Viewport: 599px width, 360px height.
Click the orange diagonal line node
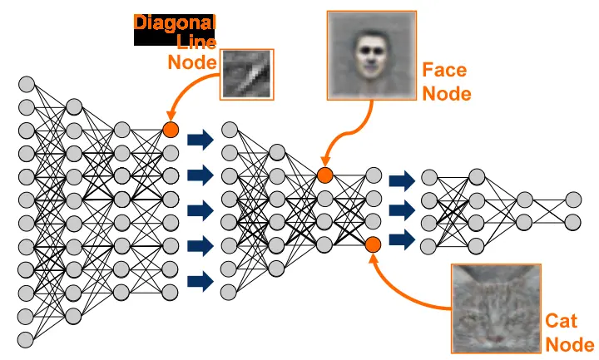(x=171, y=130)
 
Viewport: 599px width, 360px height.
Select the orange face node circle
(x=324, y=175)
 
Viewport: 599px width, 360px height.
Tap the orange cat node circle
(x=373, y=244)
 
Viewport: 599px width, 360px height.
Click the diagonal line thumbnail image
(x=248, y=72)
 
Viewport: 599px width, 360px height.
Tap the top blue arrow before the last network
(x=402, y=180)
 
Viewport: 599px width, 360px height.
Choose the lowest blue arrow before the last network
(x=402, y=239)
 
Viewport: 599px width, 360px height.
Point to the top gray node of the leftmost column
(x=26, y=85)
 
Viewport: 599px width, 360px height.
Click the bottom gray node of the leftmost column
(x=26, y=338)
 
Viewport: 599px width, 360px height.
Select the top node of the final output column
(x=572, y=200)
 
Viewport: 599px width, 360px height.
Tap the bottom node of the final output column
(x=572, y=221)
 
